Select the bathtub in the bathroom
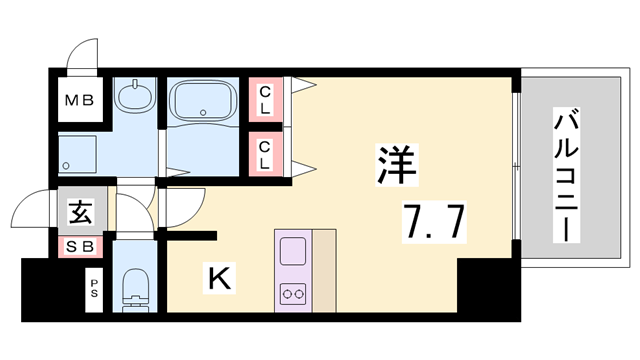click(x=204, y=103)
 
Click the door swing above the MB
click(x=77, y=58)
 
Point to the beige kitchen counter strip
click(x=326, y=270)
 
